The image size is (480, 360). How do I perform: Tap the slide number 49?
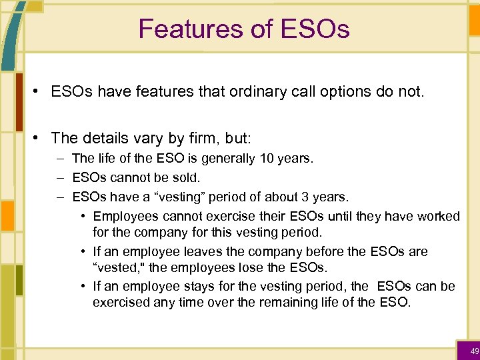[474, 351]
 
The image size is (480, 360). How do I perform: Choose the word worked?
[437, 217]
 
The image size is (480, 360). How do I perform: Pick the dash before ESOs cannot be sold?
[60, 178]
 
